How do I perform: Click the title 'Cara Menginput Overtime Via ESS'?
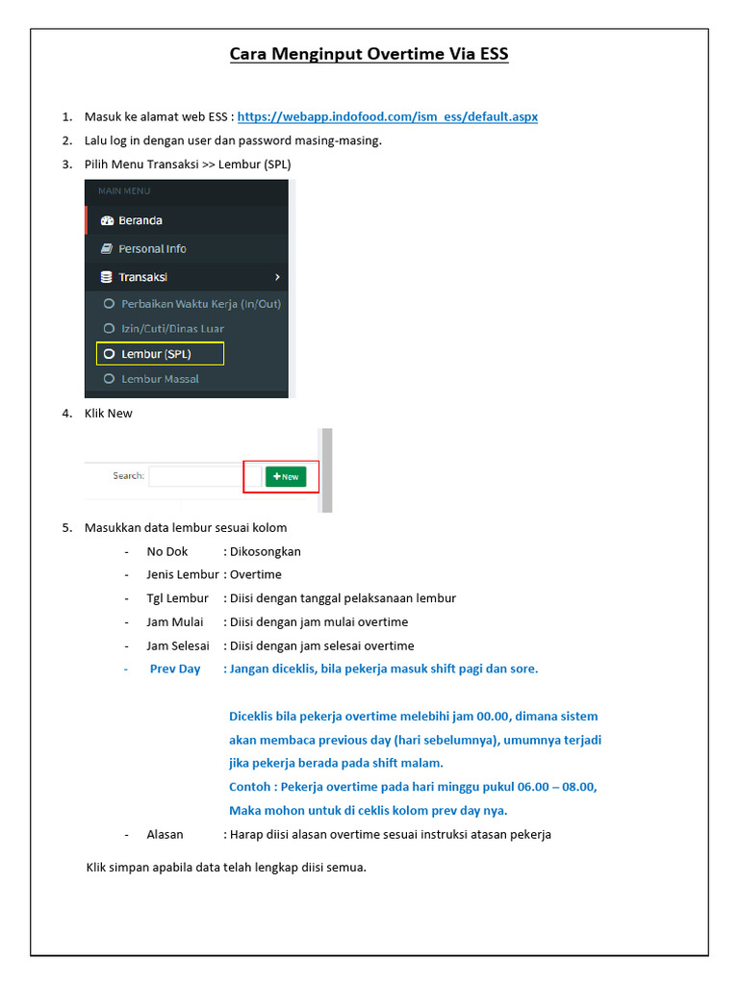(x=369, y=54)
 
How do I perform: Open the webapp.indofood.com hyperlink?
(x=387, y=116)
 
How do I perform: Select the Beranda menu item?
(x=140, y=220)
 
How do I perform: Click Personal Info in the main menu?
(x=152, y=248)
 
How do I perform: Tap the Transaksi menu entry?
(x=142, y=277)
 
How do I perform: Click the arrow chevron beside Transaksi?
(x=277, y=277)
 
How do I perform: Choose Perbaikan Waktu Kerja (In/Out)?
(x=200, y=304)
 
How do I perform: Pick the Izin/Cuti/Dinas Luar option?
(x=172, y=329)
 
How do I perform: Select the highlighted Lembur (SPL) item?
(x=156, y=354)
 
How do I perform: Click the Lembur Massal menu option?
(x=160, y=379)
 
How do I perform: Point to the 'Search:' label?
(x=128, y=476)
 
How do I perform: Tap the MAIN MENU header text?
(x=124, y=191)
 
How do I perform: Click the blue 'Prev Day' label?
(x=175, y=669)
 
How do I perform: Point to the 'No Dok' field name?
(x=167, y=551)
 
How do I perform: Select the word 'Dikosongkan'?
(x=265, y=551)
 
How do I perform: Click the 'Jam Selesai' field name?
(x=178, y=645)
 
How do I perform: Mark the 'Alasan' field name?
(x=165, y=834)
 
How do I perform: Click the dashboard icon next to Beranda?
(x=107, y=220)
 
